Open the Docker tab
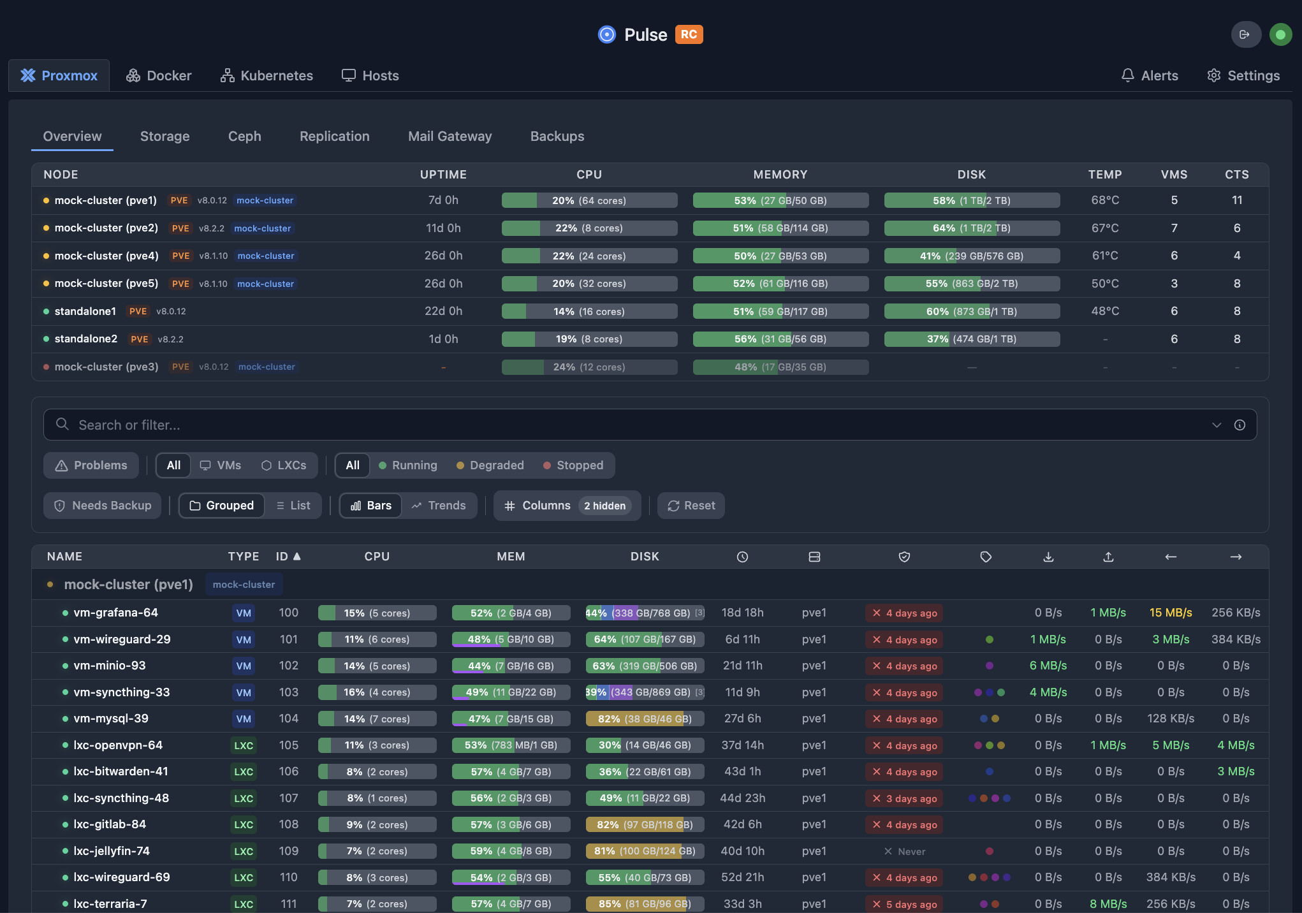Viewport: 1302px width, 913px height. coord(159,76)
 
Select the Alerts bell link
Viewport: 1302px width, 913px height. coord(1150,76)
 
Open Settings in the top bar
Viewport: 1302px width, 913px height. coord(1243,76)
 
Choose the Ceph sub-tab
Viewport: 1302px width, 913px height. coord(244,136)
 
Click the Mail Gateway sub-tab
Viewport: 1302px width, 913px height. coord(450,136)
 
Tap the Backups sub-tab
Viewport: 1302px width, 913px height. coord(557,136)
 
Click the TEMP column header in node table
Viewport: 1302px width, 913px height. coord(1104,175)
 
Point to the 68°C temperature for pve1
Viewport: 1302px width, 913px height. coord(1104,200)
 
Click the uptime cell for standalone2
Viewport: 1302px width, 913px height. coord(443,339)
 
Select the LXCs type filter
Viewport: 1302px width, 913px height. coord(284,465)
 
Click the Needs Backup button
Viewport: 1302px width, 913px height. coord(103,506)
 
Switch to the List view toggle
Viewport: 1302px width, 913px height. coord(293,506)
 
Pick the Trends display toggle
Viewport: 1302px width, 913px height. coord(439,506)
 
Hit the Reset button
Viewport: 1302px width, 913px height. coord(691,506)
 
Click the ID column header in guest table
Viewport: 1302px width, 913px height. coord(288,557)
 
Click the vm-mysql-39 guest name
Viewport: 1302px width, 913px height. coord(111,719)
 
